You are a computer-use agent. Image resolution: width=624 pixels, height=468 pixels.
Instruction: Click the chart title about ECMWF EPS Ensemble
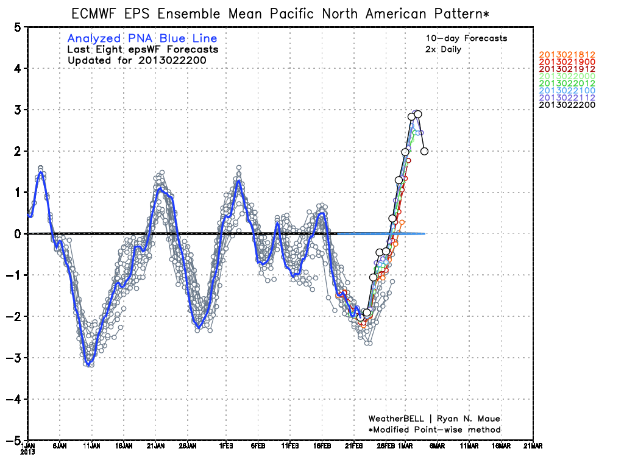(280, 13)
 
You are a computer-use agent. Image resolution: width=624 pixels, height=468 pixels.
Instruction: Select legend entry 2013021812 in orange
(567, 55)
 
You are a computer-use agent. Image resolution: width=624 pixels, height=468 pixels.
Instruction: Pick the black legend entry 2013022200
(567, 105)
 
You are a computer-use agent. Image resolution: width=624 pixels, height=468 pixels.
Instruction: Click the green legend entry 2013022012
(567, 83)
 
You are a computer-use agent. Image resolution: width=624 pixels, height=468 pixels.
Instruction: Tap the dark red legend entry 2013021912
(567, 69)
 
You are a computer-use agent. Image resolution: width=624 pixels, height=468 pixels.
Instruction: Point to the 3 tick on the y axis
(18, 110)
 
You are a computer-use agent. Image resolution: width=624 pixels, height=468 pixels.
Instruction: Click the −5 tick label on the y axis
(16, 440)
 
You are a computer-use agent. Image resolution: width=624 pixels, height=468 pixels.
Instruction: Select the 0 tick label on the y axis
(18, 233)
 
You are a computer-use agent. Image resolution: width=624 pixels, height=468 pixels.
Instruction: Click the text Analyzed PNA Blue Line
(142, 39)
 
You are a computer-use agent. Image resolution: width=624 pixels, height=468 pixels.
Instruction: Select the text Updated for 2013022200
(137, 60)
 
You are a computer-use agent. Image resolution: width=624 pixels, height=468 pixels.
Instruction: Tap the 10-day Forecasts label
(466, 38)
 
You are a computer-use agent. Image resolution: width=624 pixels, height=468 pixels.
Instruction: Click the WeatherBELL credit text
(434, 419)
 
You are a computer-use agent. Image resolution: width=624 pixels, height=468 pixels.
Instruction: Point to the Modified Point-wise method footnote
(434, 430)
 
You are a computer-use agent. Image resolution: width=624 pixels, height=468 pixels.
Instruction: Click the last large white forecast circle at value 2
(425, 151)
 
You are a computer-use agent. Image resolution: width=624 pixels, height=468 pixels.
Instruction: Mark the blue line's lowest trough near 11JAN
(90, 364)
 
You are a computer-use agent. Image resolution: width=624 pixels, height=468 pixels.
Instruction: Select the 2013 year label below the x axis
(28, 452)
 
